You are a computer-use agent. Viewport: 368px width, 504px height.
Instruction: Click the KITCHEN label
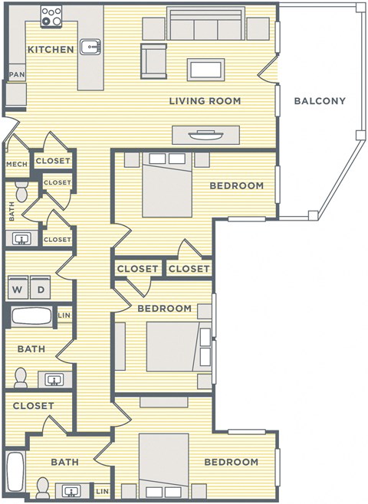click(x=51, y=50)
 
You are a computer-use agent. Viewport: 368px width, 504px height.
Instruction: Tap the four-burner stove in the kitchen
click(x=51, y=16)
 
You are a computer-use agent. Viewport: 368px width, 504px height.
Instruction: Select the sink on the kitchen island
click(x=91, y=47)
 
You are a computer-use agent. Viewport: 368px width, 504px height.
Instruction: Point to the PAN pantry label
click(x=15, y=75)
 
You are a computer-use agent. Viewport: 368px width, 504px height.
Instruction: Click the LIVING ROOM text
click(x=205, y=101)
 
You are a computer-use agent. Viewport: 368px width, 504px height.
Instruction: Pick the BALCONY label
click(x=320, y=101)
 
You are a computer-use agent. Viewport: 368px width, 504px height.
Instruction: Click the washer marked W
click(x=17, y=290)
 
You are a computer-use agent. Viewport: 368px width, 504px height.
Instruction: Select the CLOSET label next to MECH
click(x=54, y=161)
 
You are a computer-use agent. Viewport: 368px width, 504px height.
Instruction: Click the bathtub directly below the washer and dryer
click(x=31, y=316)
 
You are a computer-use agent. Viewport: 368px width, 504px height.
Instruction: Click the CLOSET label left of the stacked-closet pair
click(x=138, y=269)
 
